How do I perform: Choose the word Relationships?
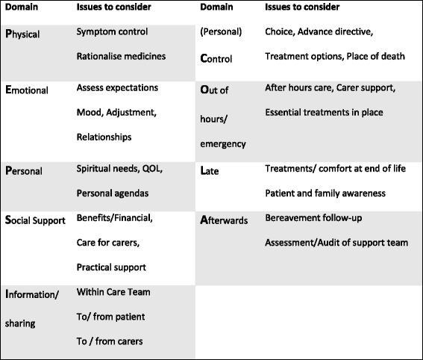click(104, 137)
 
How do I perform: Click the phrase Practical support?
click(111, 267)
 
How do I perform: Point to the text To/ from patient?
click(110, 317)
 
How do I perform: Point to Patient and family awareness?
click(325, 193)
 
